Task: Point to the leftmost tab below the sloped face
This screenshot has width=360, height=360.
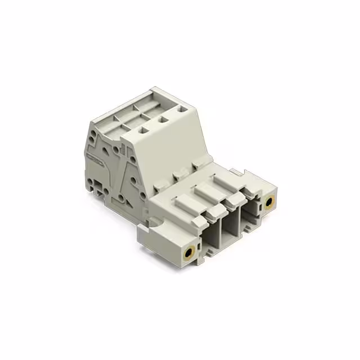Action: [156, 185]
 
